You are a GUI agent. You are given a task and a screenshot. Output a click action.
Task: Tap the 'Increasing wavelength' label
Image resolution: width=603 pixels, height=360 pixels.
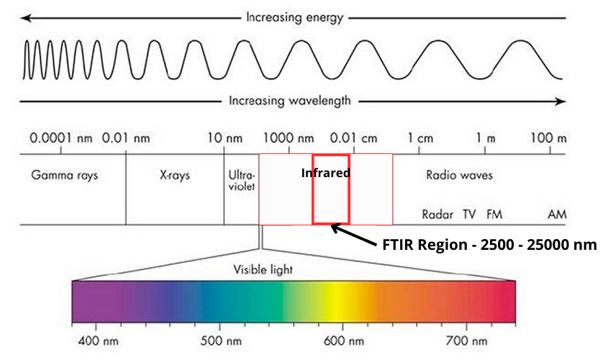coord(290,101)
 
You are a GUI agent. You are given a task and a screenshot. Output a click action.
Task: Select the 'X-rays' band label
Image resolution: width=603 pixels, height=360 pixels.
coord(175,174)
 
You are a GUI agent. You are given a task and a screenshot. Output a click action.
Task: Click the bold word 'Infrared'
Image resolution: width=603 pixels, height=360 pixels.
coord(326,173)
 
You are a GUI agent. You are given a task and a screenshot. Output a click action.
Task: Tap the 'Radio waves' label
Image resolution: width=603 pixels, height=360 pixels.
coord(460,174)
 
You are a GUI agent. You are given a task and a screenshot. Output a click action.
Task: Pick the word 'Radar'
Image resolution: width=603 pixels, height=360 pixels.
coord(437,214)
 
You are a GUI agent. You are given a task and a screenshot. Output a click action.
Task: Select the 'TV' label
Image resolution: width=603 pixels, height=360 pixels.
coord(469,214)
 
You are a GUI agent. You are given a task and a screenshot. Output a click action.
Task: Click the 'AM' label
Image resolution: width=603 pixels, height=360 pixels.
coord(556,214)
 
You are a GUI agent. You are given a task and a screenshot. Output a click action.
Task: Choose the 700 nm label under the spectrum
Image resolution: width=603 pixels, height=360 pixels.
coord(467,338)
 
